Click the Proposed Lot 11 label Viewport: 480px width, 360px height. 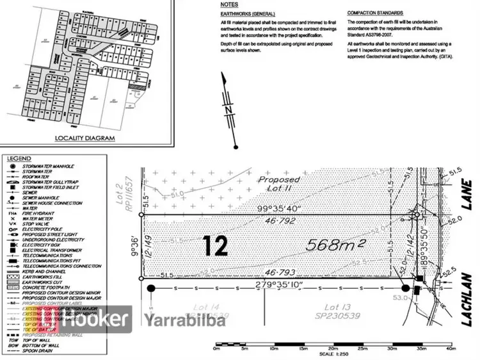[280, 184]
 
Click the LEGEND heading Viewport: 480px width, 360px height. [19, 158]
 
